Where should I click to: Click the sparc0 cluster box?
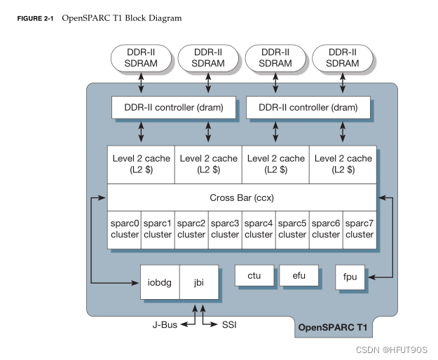point(124,228)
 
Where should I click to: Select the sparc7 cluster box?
point(360,228)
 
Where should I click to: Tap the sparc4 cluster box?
point(259,228)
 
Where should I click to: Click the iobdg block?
point(160,282)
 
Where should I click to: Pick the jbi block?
point(199,282)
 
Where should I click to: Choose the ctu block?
point(254,275)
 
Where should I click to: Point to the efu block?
point(299,275)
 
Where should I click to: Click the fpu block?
point(350,277)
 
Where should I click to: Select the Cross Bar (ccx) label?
point(242,198)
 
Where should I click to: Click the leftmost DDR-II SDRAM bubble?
point(141,57)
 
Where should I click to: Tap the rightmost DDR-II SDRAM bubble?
point(343,57)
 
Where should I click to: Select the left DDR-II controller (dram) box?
point(174,108)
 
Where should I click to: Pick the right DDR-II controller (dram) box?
point(308,108)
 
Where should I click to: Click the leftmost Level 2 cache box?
point(141,164)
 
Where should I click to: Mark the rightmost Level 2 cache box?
point(343,164)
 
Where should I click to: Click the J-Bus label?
point(165,324)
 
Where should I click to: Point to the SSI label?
point(230,324)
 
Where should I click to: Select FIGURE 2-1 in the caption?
point(36,18)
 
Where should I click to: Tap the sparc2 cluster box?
point(191,228)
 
